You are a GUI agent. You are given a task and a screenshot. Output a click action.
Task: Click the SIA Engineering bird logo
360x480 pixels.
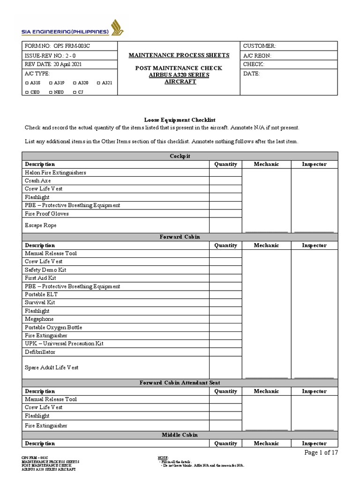(x=117, y=27)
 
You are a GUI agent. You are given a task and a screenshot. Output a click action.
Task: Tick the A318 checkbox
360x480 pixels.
(x=27, y=83)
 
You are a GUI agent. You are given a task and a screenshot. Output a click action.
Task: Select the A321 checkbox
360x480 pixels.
(x=98, y=83)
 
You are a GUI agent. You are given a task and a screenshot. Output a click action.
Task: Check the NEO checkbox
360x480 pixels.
(x=51, y=92)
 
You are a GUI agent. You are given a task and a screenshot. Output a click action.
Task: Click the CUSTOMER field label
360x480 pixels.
(x=259, y=46)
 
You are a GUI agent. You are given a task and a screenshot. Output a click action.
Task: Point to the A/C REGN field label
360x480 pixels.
(x=257, y=55)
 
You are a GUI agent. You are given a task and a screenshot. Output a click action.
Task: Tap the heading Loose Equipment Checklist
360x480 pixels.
(x=180, y=120)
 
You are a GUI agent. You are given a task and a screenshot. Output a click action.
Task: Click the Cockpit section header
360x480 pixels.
(x=180, y=156)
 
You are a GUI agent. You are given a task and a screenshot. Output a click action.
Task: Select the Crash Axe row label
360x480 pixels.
(x=38, y=180)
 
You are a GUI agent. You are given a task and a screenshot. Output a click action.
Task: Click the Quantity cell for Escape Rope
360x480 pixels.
(x=225, y=225)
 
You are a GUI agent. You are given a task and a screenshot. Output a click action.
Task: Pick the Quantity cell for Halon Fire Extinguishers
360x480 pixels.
(x=225, y=172)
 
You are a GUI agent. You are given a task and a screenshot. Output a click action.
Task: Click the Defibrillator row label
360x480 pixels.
(x=40, y=352)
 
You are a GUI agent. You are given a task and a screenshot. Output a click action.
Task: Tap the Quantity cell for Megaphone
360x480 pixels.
(x=225, y=319)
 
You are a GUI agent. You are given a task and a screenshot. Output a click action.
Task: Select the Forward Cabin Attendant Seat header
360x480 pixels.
(x=180, y=383)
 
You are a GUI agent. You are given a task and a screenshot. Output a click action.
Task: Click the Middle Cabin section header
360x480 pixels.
(x=180, y=435)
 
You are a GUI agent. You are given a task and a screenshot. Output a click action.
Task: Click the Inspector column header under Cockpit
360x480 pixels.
(x=314, y=164)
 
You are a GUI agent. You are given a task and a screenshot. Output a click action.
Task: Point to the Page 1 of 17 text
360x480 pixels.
(x=321, y=452)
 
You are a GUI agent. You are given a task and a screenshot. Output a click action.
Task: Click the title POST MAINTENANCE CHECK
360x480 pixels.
(x=179, y=68)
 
